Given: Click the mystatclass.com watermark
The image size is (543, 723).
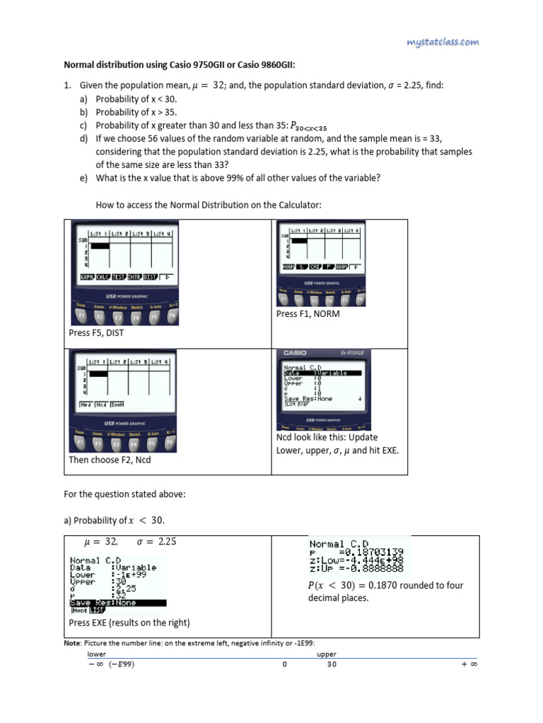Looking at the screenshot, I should tap(443, 43).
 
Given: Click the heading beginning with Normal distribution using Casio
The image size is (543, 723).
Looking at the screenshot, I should tap(180, 66).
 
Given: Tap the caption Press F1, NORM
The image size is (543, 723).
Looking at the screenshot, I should tap(308, 313).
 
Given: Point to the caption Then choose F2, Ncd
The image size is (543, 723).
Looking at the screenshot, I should tap(110, 460).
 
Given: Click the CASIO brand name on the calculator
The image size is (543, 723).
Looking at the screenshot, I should tap(295, 353).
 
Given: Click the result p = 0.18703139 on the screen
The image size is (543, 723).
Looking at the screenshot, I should tap(356, 552).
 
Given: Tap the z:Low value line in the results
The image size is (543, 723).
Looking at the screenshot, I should tap(356, 561).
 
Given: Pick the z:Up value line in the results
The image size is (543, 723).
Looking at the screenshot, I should tap(356, 569).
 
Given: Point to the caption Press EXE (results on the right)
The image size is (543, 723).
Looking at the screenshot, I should tap(129, 623).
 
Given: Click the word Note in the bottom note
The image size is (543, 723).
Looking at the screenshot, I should tap(72, 643).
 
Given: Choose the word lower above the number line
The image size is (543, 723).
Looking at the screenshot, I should tap(86, 655).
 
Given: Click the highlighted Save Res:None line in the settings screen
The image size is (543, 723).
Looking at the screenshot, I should tap(117, 602).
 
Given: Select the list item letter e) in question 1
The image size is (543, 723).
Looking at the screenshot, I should tap(83, 178).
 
